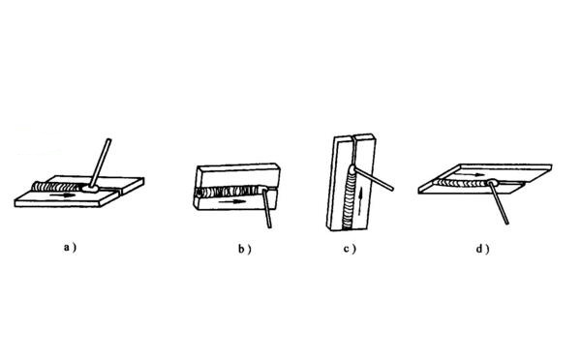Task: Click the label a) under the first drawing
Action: [70, 248]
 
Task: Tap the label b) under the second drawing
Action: [244, 249]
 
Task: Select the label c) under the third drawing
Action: [350, 249]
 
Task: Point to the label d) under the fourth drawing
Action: [482, 249]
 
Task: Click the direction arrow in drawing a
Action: [63, 195]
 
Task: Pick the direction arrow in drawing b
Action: [232, 202]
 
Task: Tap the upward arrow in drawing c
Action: [360, 201]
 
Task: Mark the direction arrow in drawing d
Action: [470, 174]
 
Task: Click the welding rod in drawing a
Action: [100, 163]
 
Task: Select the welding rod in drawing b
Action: [267, 208]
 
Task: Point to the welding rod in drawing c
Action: [373, 179]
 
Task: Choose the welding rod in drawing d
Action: [499, 202]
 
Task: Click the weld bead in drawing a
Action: [57, 187]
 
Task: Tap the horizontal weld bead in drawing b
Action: [229, 191]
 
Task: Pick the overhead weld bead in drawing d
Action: [462, 182]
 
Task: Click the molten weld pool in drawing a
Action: [91, 189]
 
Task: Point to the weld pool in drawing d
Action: [493, 182]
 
